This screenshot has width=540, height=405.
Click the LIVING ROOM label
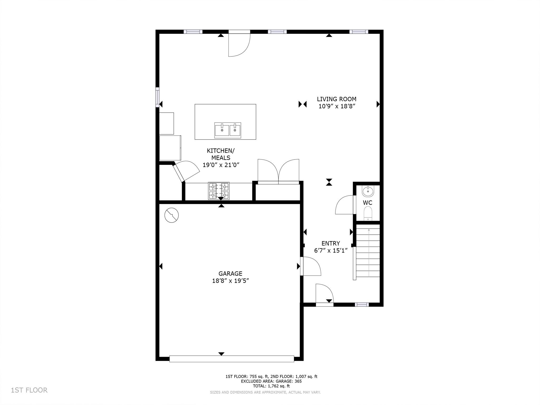coord(336,99)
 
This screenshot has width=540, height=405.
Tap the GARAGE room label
coord(230,274)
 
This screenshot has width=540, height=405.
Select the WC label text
coord(368,203)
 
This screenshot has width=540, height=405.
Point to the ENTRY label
coord(331,243)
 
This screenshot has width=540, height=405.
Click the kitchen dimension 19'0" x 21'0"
coord(221,165)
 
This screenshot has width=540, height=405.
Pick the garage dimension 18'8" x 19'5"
coord(230,281)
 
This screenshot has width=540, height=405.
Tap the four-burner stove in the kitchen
coord(219,191)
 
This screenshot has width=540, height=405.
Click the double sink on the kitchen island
coord(228,130)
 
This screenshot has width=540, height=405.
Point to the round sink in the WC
coord(368,191)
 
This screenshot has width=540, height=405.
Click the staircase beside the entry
coord(368,250)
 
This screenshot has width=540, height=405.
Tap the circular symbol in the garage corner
coord(171,215)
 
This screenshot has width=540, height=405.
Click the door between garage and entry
coord(311,266)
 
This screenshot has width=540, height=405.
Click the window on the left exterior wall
coord(157,97)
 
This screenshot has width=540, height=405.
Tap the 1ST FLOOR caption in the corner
coord(29,390)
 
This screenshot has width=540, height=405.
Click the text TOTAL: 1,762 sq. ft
coord(271,386)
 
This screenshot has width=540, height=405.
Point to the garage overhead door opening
coord(232,359)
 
